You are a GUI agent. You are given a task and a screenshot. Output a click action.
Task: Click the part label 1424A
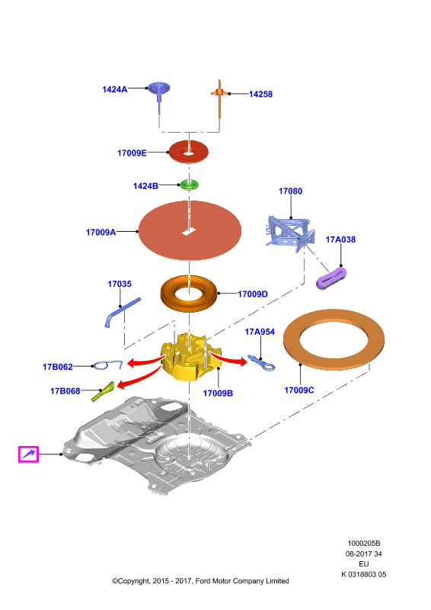pos(115,89)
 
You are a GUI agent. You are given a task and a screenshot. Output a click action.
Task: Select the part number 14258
pos(260,94)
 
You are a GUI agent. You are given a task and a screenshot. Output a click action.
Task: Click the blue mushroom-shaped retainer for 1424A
pos(159,95)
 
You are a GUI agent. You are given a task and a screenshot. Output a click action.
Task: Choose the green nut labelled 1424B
pos(189,185)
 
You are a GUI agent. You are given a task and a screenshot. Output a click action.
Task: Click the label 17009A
pos(101,233)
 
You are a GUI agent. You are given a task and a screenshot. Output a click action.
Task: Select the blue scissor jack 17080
pos(289,233)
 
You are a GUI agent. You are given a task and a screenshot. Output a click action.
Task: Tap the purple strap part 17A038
pos(331,278)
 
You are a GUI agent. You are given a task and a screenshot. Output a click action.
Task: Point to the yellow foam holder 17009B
pos(190,358)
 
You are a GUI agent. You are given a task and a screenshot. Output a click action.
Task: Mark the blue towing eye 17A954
pos(261,363)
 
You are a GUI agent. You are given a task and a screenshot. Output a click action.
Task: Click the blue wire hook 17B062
pos(108,365)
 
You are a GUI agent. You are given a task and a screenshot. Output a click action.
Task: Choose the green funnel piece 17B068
pos(102,392)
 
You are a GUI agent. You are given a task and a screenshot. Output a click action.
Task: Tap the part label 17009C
pos(299,390)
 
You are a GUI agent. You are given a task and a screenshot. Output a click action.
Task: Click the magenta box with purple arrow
pos(28,454)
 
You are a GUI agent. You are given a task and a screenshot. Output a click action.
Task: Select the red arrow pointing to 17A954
pos(229,358)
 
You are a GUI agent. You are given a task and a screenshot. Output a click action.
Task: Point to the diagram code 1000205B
pos(364,543)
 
